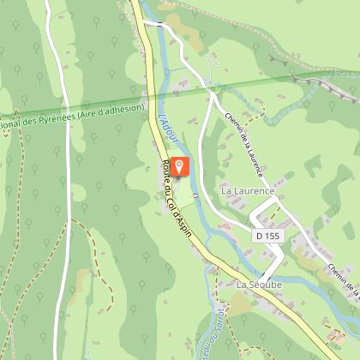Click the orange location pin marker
(179, 166)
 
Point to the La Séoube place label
(259, 283)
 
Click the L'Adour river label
(164, 127)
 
